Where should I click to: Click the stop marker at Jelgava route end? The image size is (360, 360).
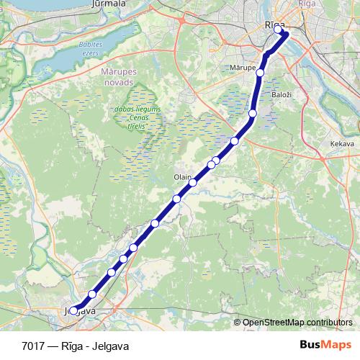[x=73, y=311]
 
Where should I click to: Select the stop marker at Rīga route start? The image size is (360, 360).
[x=279, y=30]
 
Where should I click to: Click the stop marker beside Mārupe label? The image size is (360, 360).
[x=260, y=72]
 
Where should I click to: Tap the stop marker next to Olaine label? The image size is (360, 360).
[x=192, y=183]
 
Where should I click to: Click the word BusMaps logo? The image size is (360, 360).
[x=326, y=343]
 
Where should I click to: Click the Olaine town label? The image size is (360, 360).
[x=181, y=176]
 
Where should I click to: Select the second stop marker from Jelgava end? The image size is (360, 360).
[x=92, y=294]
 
